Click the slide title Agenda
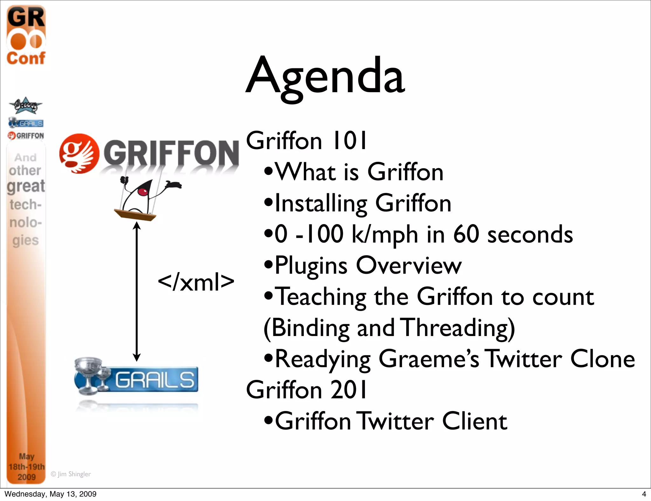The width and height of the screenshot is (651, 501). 325,76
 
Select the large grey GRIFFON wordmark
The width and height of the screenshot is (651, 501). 171,153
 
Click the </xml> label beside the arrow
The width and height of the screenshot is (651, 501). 196,282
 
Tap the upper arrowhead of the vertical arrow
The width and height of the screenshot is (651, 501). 137,226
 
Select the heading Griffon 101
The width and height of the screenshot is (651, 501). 306,141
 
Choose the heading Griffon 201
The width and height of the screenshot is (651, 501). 306,390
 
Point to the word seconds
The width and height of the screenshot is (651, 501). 530,235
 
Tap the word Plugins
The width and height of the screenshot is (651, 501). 311,266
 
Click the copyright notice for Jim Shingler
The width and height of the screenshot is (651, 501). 71,474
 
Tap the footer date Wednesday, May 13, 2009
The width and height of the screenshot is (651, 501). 51,494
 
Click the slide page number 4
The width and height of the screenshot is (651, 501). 644,494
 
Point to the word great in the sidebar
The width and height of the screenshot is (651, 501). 26,186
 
